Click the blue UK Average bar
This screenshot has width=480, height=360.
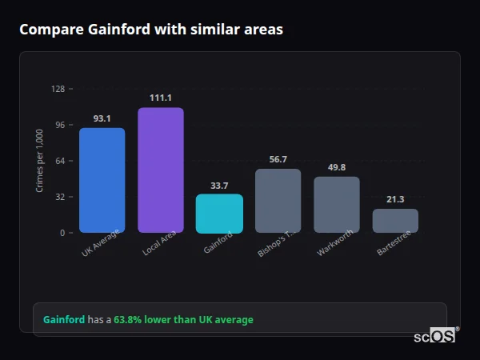coord(102,180)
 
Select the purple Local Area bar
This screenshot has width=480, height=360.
coord(160,170)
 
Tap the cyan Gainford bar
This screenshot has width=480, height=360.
coord(219,213)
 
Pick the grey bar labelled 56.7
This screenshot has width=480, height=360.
coord(278,200)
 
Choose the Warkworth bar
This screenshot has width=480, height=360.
coord(337,204)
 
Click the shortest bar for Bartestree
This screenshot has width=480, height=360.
coord(395,221)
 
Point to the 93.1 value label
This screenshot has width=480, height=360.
coord(102,118)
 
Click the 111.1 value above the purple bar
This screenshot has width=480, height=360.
coord(160,98)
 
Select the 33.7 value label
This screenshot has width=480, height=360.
coord(219,186)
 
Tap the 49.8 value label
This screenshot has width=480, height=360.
coord(337,167)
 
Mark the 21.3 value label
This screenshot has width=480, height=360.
coord(395,199)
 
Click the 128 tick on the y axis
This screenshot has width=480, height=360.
coord(58,89)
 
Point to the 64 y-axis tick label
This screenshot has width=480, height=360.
coord(60,161)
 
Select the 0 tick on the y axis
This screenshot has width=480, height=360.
coord(62,233)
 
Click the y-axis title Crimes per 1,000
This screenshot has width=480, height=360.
coord(40,161)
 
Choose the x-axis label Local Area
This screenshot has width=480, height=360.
coord(158,244)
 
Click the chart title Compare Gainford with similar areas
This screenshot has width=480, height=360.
coord(150,30)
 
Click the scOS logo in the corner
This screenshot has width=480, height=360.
coord(434,336)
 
